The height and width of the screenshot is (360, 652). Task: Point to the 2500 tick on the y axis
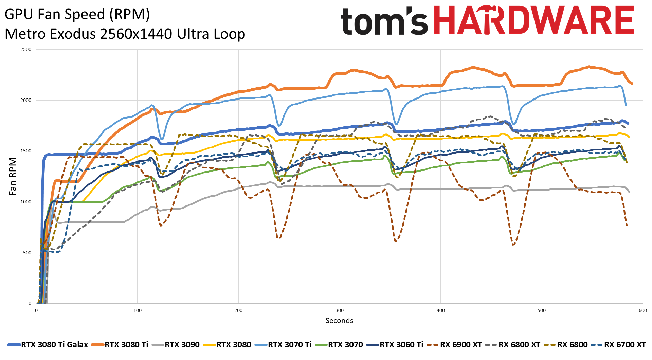pyautogui.click(x=26, y=50)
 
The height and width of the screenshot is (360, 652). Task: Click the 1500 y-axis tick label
pyautogui.click(x=26, y=151)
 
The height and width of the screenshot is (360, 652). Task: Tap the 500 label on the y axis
pyautogui.click(x=27, y=253)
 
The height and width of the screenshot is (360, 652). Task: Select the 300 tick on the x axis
pyautogui.click(x=340, y=310)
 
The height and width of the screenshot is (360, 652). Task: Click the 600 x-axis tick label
pyautogui.click(x=642, y=310)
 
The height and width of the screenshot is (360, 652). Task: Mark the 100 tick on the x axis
pyautogui.click(x=138, y=310)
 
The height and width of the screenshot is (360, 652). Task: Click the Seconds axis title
pyautogui.click(x=339, y=321)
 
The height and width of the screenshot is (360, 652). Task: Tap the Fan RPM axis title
pyautogui.click(x=13, y=177)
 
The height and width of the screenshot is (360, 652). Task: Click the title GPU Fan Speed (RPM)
pyautogui.click(x=77, y=14)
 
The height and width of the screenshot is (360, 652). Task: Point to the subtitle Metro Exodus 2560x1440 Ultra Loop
pyautogui.click(x=125, y=34)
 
